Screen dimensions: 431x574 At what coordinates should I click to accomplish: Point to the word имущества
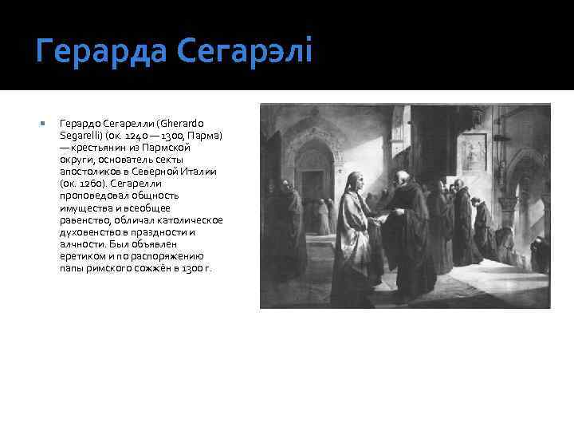[84, 208]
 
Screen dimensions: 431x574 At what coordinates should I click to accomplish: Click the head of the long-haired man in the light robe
[356, 176]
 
